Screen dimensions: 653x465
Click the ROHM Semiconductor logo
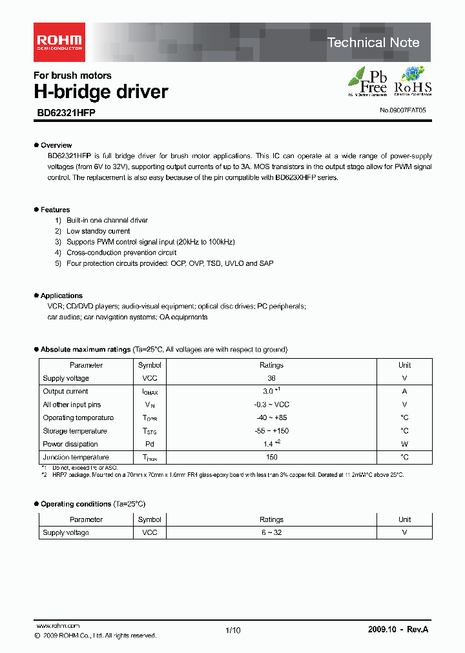58,42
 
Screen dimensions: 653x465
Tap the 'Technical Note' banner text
373,43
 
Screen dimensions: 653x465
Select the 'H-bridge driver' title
101,92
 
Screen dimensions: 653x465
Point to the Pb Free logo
368,81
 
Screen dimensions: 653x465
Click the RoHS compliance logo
413,81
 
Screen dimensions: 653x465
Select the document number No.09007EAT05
402,110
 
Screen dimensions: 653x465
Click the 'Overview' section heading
56,145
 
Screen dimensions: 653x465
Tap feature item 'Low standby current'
98,231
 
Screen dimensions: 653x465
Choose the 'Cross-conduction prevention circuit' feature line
121,253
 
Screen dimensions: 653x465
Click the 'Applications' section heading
61,296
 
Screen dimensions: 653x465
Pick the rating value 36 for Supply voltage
271,378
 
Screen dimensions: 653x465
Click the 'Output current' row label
65,392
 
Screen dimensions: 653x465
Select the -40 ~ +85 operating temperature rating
271,417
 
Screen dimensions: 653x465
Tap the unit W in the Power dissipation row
404,444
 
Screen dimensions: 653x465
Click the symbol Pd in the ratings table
149,444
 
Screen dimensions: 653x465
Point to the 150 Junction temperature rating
271,457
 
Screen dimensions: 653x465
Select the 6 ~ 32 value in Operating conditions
271,533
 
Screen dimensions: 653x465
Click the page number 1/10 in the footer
232,630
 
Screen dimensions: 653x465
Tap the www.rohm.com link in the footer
57,626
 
